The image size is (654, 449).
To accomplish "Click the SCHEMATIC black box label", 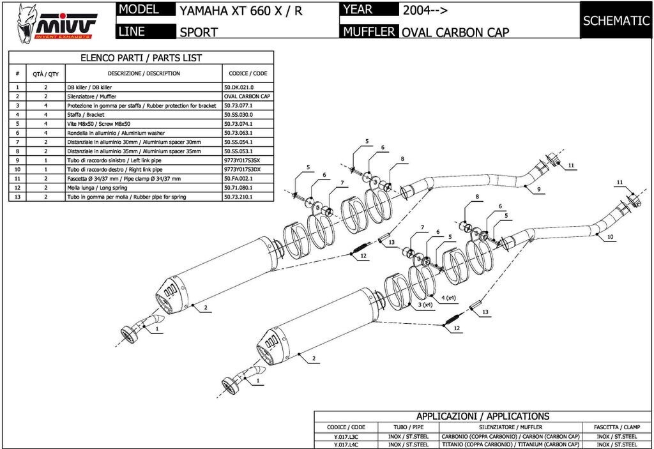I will point(616,20).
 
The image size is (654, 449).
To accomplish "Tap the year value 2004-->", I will point(425,10).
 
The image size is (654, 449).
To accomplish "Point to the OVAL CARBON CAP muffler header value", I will point(455,32).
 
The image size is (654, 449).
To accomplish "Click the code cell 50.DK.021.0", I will point(239,86).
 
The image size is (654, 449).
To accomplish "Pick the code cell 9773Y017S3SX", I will point(243,160).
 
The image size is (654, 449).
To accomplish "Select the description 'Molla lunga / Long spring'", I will point(96,188).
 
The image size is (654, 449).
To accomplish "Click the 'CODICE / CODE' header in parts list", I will point(248,73).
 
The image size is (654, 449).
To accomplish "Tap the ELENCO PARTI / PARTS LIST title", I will point(141,57).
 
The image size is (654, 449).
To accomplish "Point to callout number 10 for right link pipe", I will point(610,236).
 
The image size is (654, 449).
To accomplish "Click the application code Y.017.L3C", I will point(346,437).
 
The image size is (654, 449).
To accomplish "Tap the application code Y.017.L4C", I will point(346,445).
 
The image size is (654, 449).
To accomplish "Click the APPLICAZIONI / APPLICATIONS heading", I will point(482,416).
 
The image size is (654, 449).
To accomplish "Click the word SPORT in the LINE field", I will point(199,32).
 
